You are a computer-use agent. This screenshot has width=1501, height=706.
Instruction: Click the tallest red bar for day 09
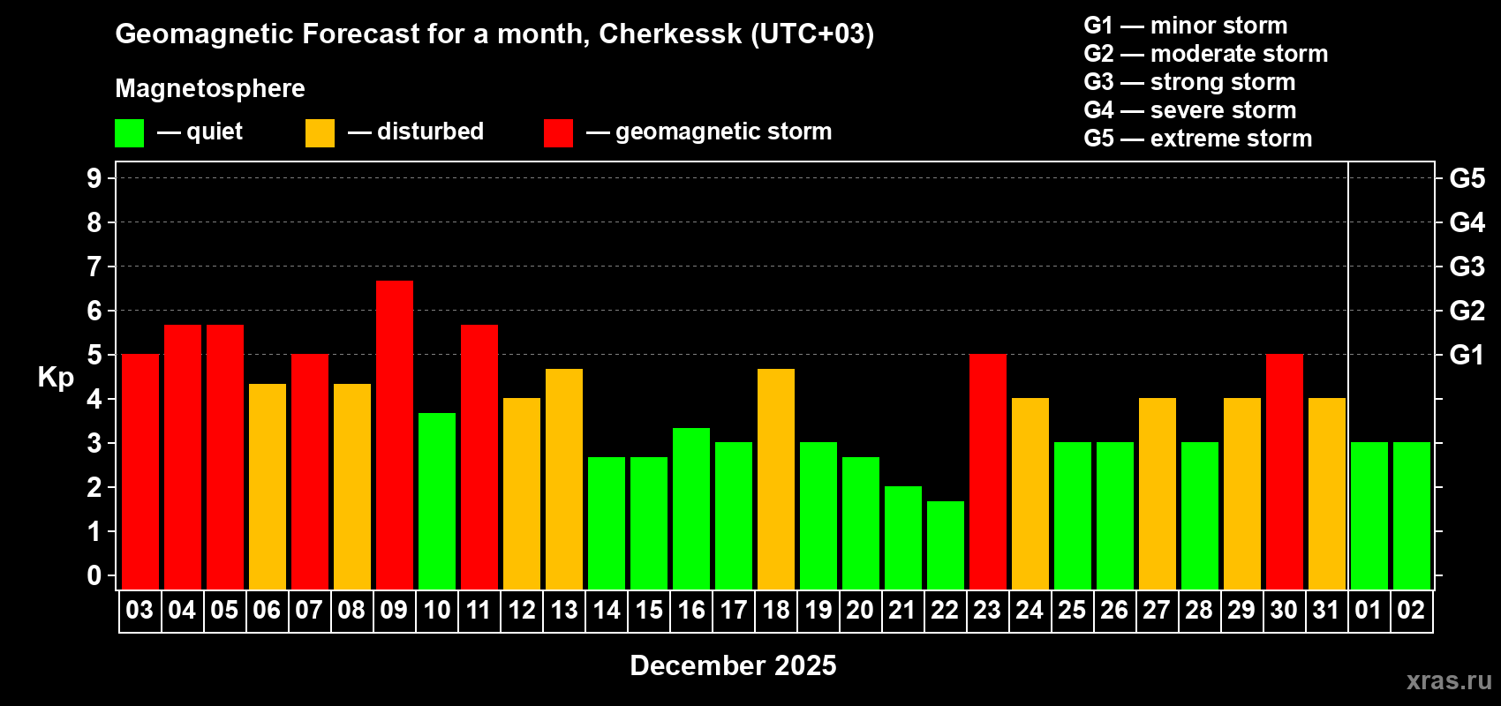pos(394,434)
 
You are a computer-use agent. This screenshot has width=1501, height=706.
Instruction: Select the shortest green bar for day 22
pos(945,545)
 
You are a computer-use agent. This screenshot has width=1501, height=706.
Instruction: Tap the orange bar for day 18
pos(775,478)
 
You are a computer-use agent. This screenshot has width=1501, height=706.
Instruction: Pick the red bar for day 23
pos(987,471)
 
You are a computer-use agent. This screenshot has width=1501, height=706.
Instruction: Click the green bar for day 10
pos(436,500)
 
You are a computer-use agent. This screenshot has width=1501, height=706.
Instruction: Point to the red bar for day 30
pos(1284,471)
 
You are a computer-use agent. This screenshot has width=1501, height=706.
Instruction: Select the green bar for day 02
pos(1411,515)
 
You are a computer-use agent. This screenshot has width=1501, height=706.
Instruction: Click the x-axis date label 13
pos(563,610)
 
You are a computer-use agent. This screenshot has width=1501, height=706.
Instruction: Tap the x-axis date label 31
pos(1326,610)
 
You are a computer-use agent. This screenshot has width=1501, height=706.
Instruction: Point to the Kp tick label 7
pos(94,267)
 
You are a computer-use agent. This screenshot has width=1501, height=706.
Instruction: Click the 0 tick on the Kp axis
pos(94,575)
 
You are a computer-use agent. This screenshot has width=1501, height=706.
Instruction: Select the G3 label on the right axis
pos(1467,267)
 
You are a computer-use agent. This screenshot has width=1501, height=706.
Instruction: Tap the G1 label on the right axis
pos(1467,355)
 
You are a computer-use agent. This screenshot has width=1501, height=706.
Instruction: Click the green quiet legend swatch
pos(130,133)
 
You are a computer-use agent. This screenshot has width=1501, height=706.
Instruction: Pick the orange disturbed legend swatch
pos(320,133)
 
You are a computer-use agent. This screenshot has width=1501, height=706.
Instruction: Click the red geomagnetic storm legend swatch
pos(558,133)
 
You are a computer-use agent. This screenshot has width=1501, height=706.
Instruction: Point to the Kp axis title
pos(56,377)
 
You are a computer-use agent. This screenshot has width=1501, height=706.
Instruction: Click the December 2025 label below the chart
pos(733,665)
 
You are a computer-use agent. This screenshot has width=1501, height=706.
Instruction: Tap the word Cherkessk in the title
pos(670,34)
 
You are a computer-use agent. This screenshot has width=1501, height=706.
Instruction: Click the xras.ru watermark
pos(1448,680)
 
